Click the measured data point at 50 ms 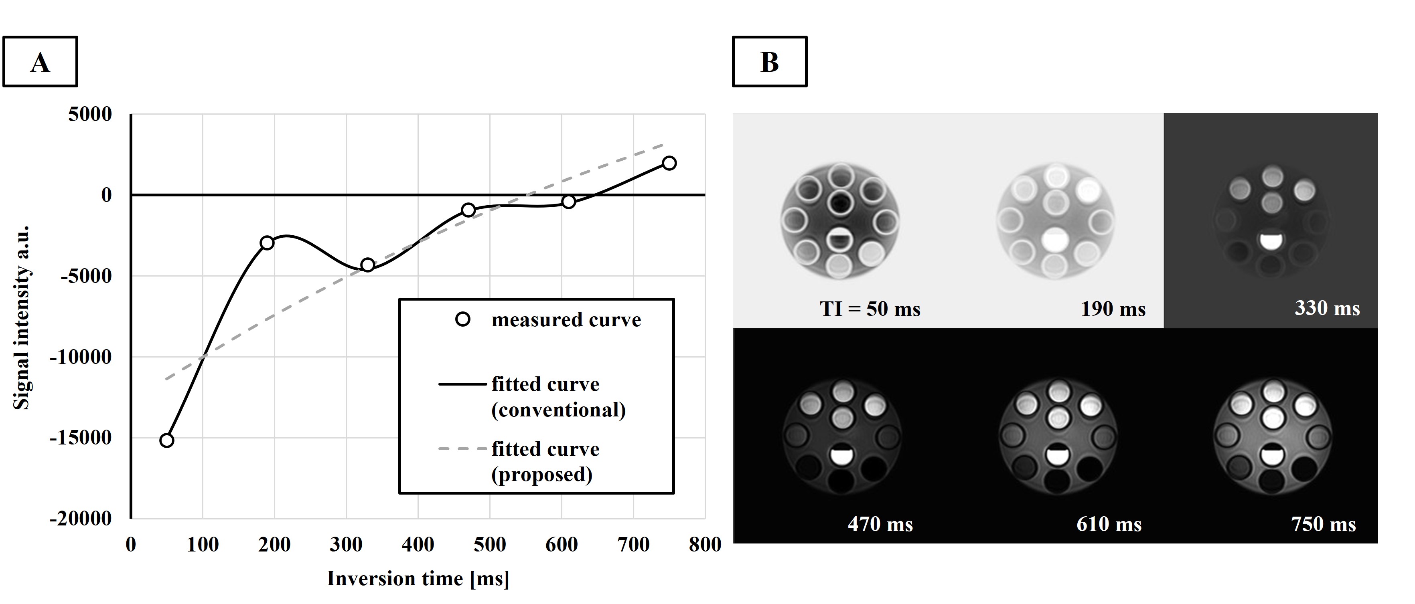pos(166,440)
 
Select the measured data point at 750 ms pos(669,163)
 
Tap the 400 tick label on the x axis pos(418,545)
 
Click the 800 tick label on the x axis pos(705,545)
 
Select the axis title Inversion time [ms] pos(418,579)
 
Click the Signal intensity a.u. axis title pos(21,317)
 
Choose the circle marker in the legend pos(463,319)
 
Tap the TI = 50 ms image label pos(870,309)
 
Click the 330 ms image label pos(1327,308)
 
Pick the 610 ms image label pos(1109,524)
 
